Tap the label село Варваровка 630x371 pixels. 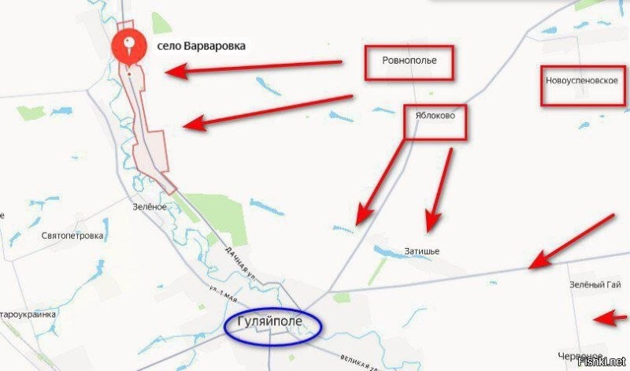[x=201, y=46]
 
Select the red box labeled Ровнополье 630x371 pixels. [x=409, y=61]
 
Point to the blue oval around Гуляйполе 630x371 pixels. [x=273, y=325]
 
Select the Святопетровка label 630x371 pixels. [x=72, y=235]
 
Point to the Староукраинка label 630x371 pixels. [x=28, y=314]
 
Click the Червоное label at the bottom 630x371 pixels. [x=579, y=356]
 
